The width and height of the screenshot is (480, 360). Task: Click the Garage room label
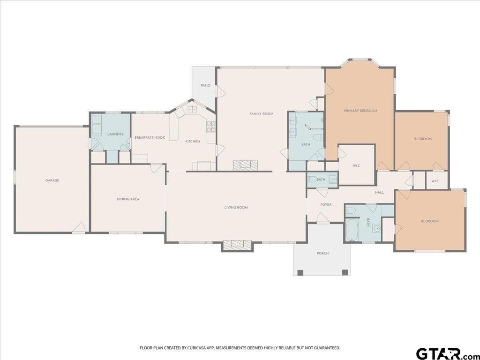coord(52,180)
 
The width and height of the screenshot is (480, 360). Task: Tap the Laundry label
coord(115,134)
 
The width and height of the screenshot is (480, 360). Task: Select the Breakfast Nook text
coord(150,137)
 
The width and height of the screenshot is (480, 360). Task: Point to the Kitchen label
coord(193,141)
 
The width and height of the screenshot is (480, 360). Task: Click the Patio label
coord(205,85)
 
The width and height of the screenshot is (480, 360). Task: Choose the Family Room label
coord(261,113)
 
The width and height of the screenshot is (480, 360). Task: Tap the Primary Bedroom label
coord(360,111)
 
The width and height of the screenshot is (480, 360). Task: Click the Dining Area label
coord(128,199)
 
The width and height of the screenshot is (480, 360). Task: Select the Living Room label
coord(236,208)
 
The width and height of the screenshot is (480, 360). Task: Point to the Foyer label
coord(326,204)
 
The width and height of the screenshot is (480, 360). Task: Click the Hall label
coord(379,192)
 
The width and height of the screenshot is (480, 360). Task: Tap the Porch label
coord(322,253)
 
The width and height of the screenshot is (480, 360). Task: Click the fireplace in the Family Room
coord(245,165)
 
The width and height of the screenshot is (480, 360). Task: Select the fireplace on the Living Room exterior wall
coord(237,246)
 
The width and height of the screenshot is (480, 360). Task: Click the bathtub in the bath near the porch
coord(352,229)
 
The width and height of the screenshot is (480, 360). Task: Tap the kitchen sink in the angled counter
coord(192,109)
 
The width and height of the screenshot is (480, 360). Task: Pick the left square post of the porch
coord(300,272)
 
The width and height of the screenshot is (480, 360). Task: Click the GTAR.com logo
coord(447,353)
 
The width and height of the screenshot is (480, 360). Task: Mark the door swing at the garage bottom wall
coord(79,228)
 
